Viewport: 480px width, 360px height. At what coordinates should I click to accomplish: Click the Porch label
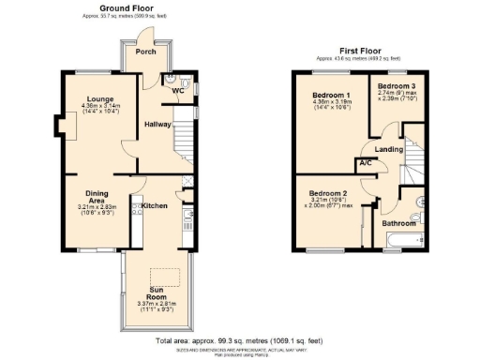coord(145,52)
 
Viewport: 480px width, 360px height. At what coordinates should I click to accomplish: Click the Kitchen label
coord(154,202)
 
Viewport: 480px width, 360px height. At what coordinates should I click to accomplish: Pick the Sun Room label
coord(157,292)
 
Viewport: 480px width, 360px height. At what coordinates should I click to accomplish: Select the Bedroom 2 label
coord(327,194)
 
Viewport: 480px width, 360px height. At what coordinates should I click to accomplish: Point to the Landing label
coord(388,149)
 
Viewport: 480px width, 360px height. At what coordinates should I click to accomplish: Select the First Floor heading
coord(362,51)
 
